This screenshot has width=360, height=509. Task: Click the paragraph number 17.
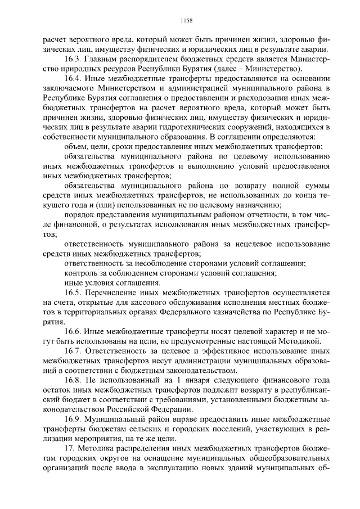coord(69,448)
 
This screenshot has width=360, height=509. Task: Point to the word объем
coord(79,146)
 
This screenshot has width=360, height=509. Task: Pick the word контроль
coord(83,273)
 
